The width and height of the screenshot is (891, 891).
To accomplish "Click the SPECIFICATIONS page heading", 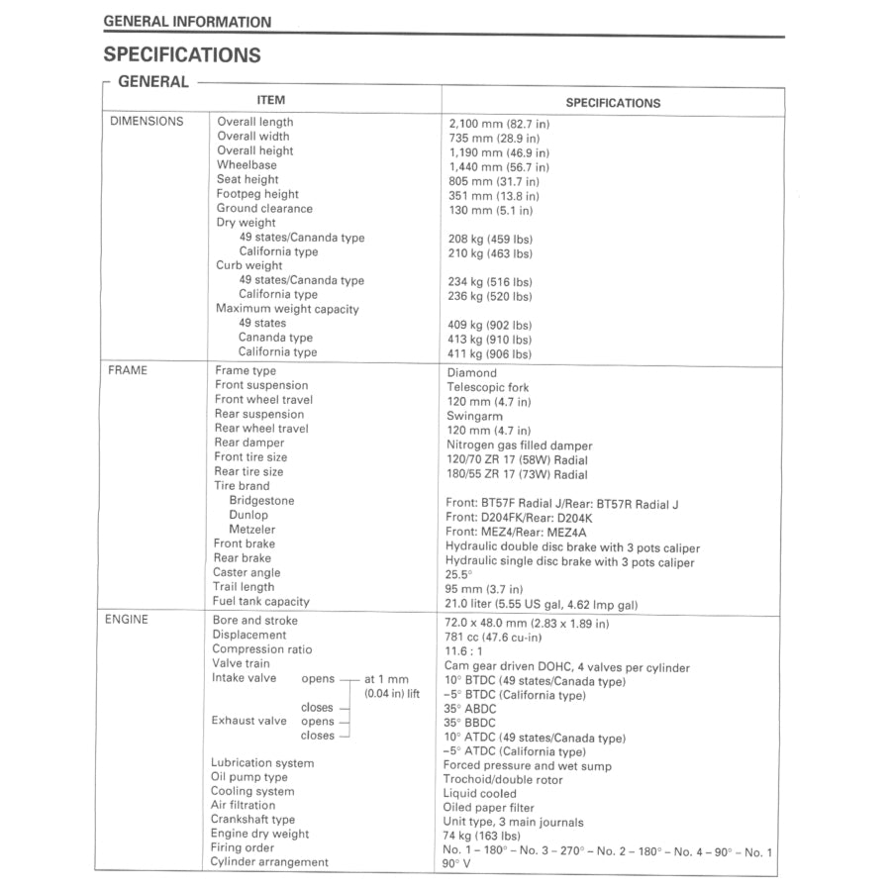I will [x=182, y=55].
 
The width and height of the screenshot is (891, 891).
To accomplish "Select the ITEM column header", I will [x=270, y=100].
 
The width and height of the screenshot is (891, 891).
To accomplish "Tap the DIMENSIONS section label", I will [x=147, y=122].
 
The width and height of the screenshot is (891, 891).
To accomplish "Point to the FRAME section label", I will [x=127, y=371].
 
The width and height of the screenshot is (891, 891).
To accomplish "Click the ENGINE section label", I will [x=128, y=621].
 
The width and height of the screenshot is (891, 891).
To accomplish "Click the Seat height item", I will [x=247, y=180].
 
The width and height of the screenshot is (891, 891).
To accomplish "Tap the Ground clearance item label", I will [x=264, y=209].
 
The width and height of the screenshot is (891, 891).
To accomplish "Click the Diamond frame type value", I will [x=472, y=373].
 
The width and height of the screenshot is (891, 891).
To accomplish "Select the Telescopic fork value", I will [x=488, y=388].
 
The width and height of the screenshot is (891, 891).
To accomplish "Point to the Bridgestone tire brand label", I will [x=261, y=501].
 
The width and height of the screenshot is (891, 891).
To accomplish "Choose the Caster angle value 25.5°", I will [x=459, y=574].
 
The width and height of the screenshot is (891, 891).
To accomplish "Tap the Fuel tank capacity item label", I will [x=261, y=602].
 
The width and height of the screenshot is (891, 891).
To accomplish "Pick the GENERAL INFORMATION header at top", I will [x=187, y=22].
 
